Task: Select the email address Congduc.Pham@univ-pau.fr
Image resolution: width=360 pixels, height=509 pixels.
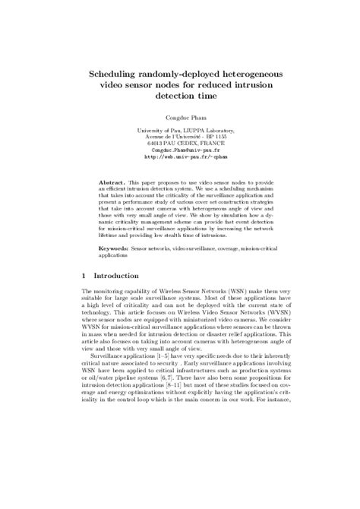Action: point(179,150)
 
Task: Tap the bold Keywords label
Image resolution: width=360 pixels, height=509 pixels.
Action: point(115,248)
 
